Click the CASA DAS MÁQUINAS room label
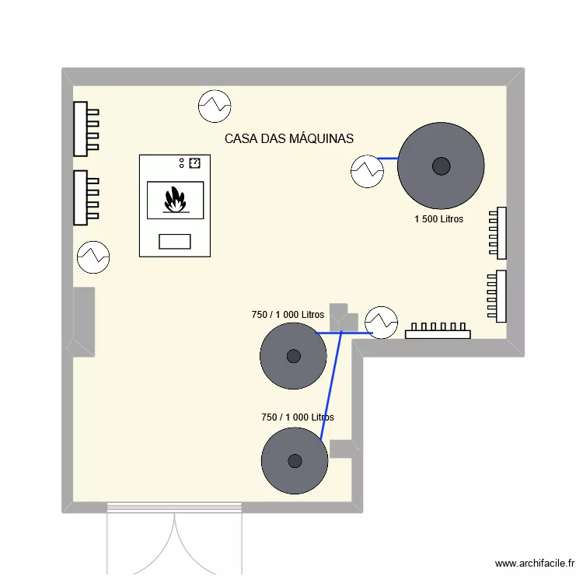[x=288, y=138]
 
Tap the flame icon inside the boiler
[x=175, y=200]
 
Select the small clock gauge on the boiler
[x=194, y=162]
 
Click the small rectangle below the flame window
[x=175, y=241]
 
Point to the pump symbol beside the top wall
[x=215, y=106]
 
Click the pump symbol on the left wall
[x=93, y=257]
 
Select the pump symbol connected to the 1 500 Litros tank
[x=366, y=170]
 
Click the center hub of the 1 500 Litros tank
[x=441, y=166]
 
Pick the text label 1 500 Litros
[x=438, y=219]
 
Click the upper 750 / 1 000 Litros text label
[x=288, y=315]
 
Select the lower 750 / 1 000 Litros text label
[x=298, y=417]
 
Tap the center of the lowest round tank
[x=295, y=460]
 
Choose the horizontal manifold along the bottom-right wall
[x=438, y=332]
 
